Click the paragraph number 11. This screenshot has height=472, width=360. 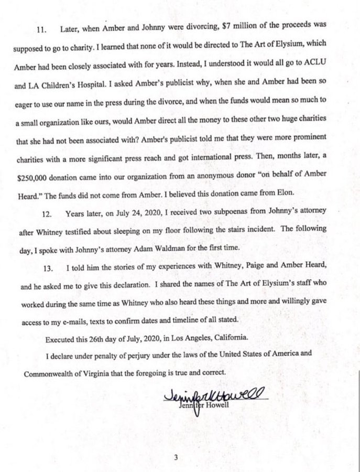(x=41, y=30)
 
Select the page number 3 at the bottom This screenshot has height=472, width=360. (x=177, y=458)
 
